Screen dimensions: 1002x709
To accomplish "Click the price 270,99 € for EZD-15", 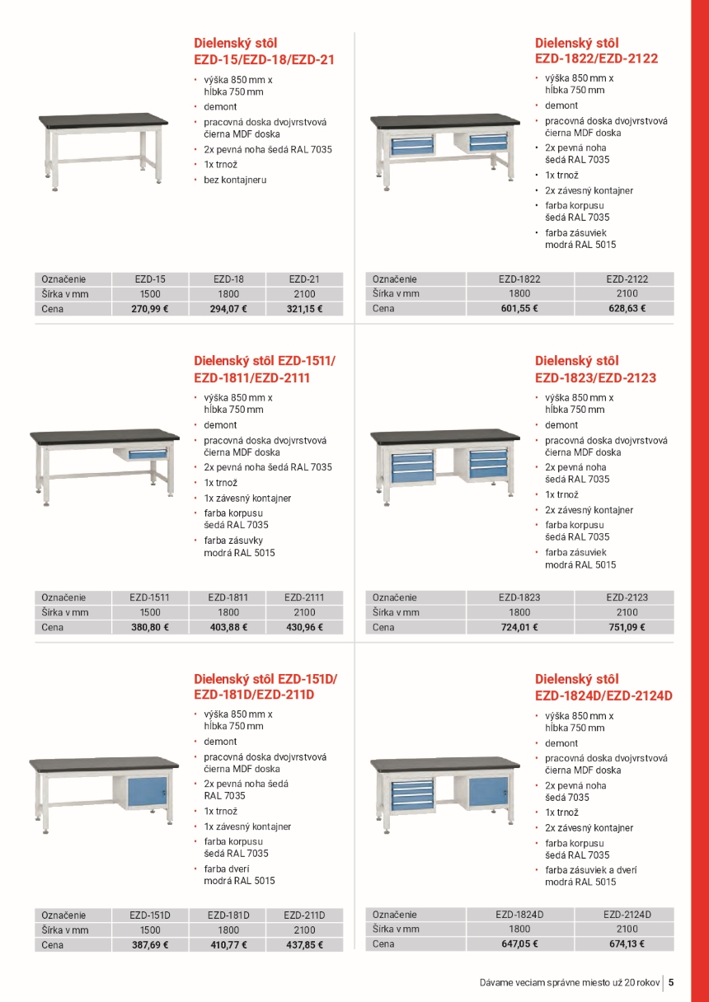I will coord(150,309).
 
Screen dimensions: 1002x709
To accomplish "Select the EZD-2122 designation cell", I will coord(627,279).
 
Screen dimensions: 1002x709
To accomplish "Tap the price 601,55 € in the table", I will coord(519,308).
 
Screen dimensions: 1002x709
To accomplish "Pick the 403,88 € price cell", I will coord(228,627).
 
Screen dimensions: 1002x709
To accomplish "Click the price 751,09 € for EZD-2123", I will coord(627,627).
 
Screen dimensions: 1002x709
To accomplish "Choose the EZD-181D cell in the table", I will coord(228,915).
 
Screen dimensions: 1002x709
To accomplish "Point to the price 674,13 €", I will coord(627,944).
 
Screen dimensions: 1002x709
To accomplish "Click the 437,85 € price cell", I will coord(304,945).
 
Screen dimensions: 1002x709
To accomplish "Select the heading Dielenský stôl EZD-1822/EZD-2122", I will coord(596,50).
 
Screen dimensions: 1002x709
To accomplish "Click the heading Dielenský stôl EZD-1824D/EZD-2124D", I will coord(603,687).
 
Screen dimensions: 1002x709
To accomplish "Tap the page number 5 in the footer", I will coord(671,982).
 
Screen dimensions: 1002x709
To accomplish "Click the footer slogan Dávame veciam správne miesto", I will coord(570,982).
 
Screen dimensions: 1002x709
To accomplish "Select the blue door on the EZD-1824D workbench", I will coord(488,794).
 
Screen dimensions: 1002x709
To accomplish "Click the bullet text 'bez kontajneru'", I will coord(235,180).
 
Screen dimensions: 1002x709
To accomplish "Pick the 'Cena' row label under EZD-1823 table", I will coord(383,627).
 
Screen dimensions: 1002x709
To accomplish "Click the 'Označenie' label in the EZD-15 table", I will coord(63,279).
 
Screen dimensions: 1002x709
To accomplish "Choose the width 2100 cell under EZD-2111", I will coord(304,612).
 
